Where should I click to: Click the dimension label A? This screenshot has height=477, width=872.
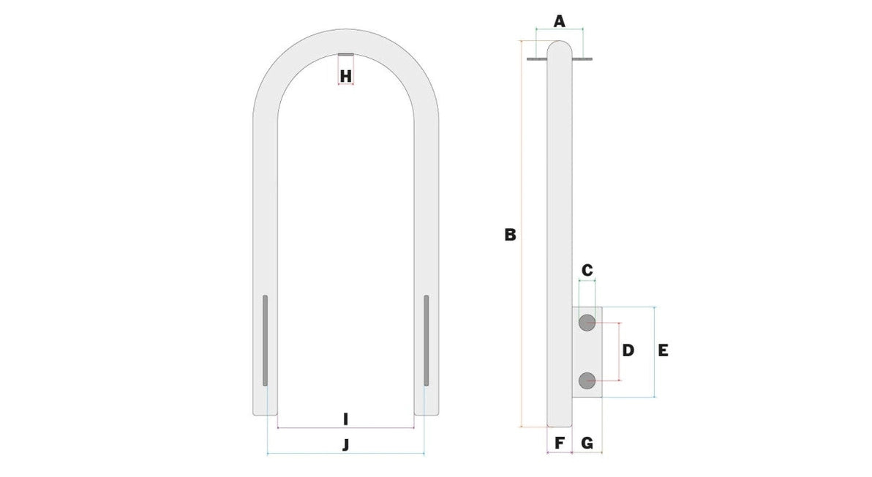click(560, 22)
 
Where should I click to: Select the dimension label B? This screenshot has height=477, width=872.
click(510, 235)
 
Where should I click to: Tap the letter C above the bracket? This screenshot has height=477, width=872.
click(587, 270)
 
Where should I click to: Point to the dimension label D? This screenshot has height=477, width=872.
click(628, 350)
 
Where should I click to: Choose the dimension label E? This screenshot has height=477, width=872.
click(663, 350)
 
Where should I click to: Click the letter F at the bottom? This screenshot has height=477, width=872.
click(560, 443)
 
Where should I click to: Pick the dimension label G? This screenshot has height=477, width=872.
click(587, 443)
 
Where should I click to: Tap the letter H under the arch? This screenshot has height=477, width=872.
click(346, 76)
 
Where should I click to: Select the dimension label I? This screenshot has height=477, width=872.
click(346, 419)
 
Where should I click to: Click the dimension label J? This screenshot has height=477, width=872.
click(346, 445)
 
